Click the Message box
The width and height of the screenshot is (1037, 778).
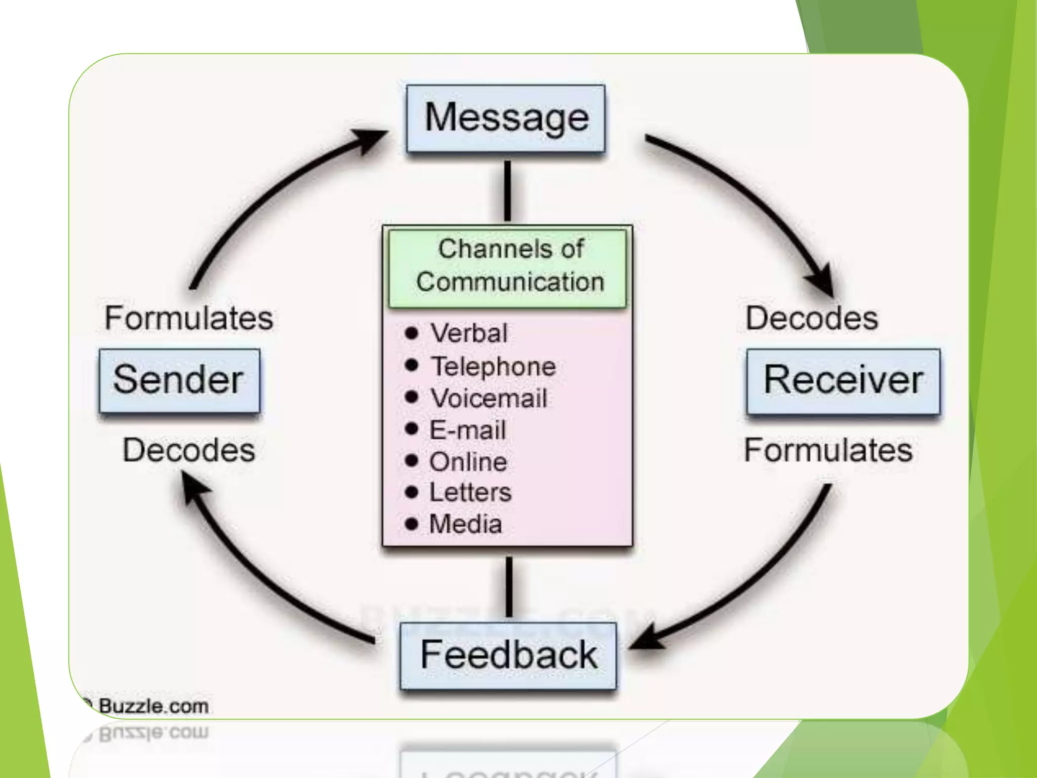click(506, 119)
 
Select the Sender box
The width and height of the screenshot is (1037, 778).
click(179, 380)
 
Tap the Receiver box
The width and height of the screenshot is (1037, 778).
click(843, 380)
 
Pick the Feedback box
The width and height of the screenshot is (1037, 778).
click(508, 655)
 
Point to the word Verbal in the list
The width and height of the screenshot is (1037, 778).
click(468, 333)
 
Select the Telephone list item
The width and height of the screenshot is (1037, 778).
click(493, 366)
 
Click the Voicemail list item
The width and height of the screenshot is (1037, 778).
click(489, 398)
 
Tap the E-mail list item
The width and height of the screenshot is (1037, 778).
click(467, 430)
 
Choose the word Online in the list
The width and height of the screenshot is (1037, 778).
click(468, 462)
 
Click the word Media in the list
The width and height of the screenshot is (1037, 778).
click(465, 524)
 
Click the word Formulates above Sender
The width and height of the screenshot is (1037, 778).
click(188, 318)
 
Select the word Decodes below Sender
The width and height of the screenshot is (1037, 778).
click(188, 450)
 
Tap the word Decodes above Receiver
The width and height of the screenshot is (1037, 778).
click(812, 318)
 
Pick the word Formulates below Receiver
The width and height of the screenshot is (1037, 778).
click(828, 450)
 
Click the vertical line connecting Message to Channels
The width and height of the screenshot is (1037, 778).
click(507, 191)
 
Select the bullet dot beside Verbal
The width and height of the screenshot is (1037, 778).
click(412, 333)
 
